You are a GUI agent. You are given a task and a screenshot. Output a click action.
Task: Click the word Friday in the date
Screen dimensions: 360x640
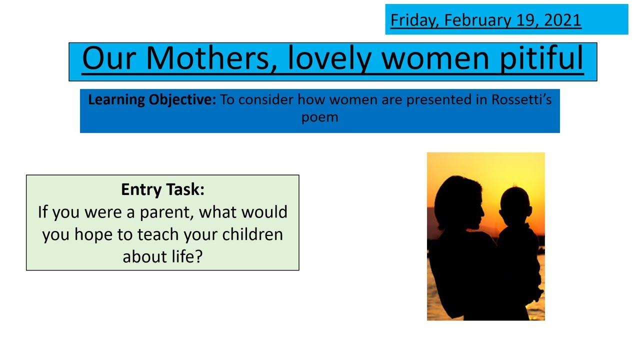click(413, 20)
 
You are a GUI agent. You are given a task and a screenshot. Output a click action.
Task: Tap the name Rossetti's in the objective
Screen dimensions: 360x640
click(521, 99)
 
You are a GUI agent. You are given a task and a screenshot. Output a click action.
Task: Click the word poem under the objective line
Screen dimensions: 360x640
click(319, 117)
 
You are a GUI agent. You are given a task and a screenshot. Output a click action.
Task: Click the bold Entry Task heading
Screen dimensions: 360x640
click(162, 189)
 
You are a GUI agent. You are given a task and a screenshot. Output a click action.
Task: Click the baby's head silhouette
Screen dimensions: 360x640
click(515, 205)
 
